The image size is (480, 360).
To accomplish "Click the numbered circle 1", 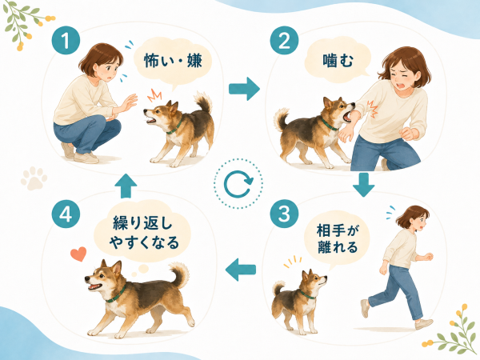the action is coord(66,40).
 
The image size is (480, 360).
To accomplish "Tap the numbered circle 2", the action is coord(284,40).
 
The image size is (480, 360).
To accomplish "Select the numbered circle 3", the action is coord(284,214).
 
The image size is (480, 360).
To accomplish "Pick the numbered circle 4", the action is coord(66,214).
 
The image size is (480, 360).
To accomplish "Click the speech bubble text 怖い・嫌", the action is coord(173,60).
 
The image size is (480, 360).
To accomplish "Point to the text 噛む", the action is coord(338,60).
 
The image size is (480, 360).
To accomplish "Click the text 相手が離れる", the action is coord(338,239).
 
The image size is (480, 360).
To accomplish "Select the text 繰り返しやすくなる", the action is coord(144,233).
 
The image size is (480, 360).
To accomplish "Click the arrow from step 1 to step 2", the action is coord(244,89).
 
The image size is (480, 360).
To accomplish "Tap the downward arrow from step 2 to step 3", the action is coord(363,185).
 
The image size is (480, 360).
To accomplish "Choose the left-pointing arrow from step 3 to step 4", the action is coord(241,270).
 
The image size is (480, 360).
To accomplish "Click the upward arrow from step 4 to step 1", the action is coord(126,186).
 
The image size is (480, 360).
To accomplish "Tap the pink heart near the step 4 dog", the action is coord(78,254).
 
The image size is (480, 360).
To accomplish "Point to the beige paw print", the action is coord(34,178).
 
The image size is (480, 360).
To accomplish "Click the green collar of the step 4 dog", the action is coord(117,294).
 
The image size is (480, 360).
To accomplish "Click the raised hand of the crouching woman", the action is coord(129,103).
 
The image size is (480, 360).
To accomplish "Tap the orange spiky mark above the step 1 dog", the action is coord(154,95).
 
